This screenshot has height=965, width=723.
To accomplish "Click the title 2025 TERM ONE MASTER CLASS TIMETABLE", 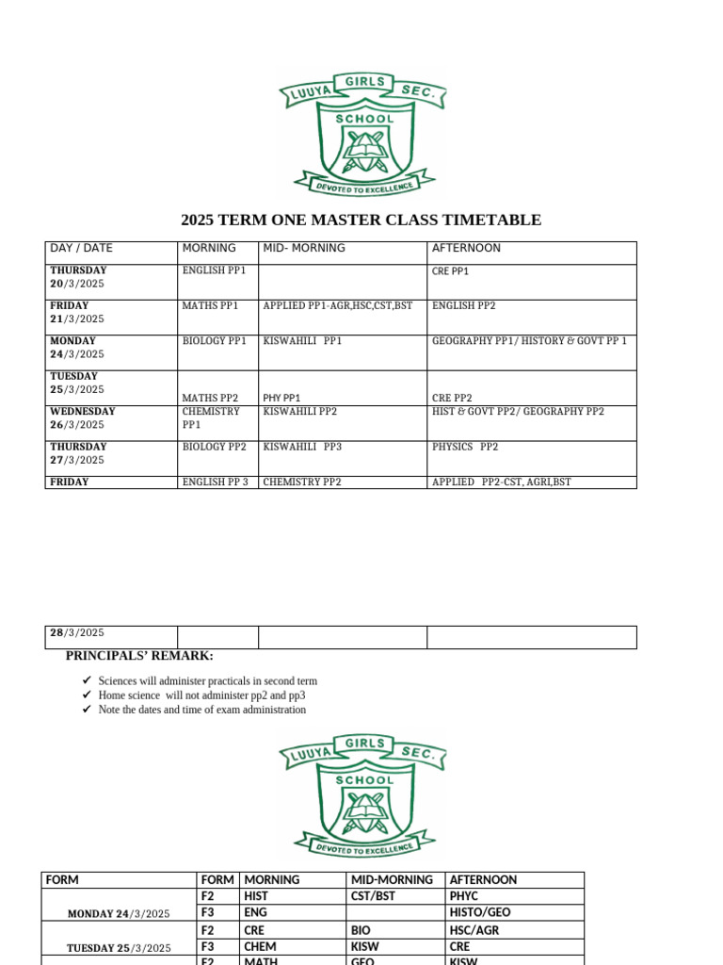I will tap(361, 221).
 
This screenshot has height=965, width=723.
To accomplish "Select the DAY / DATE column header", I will tap(81, 249).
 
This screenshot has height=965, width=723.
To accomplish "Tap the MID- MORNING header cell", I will tap(304, 249).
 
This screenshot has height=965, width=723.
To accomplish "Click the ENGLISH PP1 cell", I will tap(214, 270).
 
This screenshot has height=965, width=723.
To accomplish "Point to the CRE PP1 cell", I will tap(450, 271).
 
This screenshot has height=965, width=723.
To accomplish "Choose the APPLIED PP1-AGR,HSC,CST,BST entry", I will tap(338, 306).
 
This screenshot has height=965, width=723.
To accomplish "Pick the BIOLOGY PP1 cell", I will tap(214, 341).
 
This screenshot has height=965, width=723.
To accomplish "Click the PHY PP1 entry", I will tap(281, 399).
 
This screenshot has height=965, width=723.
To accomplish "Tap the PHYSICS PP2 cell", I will tap(465, 447).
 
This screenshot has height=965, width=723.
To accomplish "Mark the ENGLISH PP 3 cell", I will tap(216, 482).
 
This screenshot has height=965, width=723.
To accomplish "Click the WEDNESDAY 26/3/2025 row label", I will tap(83, 417).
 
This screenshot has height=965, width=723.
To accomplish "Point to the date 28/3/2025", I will tap(77, 633).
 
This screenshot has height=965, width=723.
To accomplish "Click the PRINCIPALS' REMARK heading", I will tap(139, 656).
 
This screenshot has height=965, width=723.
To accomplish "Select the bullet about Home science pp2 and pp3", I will tap(201, 695).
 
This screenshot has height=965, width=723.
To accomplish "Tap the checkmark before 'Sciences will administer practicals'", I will tap(86, 680).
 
